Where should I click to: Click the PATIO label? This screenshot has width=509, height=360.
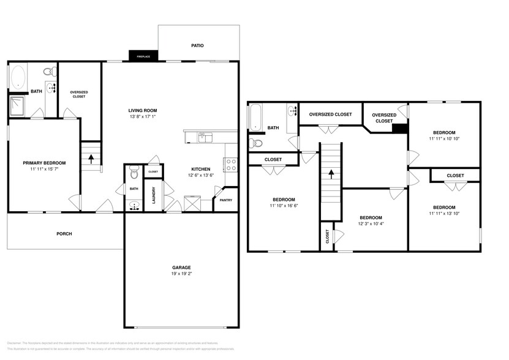(197, 45)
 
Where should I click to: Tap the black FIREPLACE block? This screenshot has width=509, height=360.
(143, 56)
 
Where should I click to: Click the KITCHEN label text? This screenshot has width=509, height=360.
(201, 169)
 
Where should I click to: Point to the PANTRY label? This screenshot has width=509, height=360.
(225, 200)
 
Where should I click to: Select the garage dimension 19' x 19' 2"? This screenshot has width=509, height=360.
(181, 274)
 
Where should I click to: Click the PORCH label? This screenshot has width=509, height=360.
(64, 233)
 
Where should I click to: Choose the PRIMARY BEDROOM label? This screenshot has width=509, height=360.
(44, 163)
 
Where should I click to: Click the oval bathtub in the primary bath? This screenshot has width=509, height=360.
(18, 78)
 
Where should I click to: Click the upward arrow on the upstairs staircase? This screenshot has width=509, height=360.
(331, 173)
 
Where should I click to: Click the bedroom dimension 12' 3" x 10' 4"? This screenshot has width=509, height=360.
(371, 224)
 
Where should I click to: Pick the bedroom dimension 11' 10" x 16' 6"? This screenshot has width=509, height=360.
(284, 206)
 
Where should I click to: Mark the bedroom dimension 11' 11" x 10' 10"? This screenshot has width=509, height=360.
(444, 139)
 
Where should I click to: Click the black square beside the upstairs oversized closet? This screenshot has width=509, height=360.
(400, 128)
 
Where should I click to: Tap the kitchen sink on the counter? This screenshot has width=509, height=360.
(204, 137)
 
